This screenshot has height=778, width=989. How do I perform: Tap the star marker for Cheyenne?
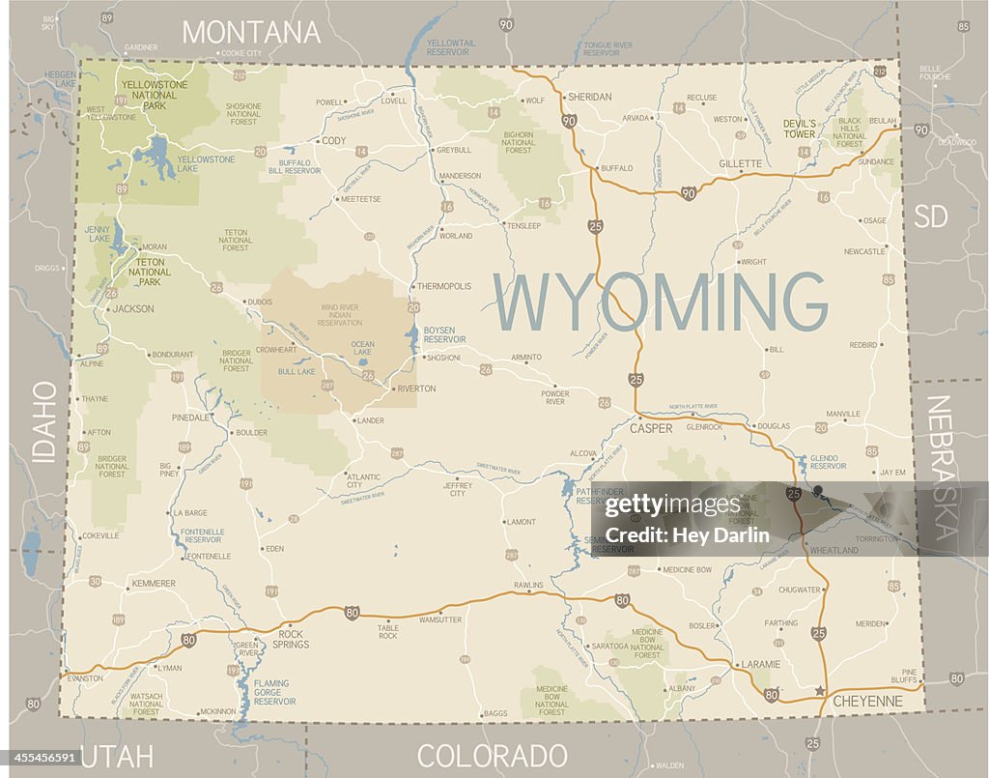coord(820,691)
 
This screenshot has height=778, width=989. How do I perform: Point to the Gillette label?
coord(741,164)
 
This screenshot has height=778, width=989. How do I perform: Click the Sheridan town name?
coord(590,97)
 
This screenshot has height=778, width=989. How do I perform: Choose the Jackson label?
coord(133,309)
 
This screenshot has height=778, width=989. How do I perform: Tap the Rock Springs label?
coord(291,640)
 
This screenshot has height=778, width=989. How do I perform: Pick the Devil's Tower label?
coord(800,129)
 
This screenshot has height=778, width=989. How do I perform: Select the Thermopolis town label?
coord(444,286)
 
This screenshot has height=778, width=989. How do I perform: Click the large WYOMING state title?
coord(661,303)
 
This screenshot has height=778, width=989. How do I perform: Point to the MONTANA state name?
coord(251,32)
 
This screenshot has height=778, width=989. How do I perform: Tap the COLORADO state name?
coord(492,755)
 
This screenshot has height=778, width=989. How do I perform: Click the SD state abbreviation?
coord(931,216)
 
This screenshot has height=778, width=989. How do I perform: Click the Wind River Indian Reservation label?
coord(339,314)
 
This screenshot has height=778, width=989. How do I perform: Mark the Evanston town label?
coord(86,678)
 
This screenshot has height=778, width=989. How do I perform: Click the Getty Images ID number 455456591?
coord(40,758)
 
